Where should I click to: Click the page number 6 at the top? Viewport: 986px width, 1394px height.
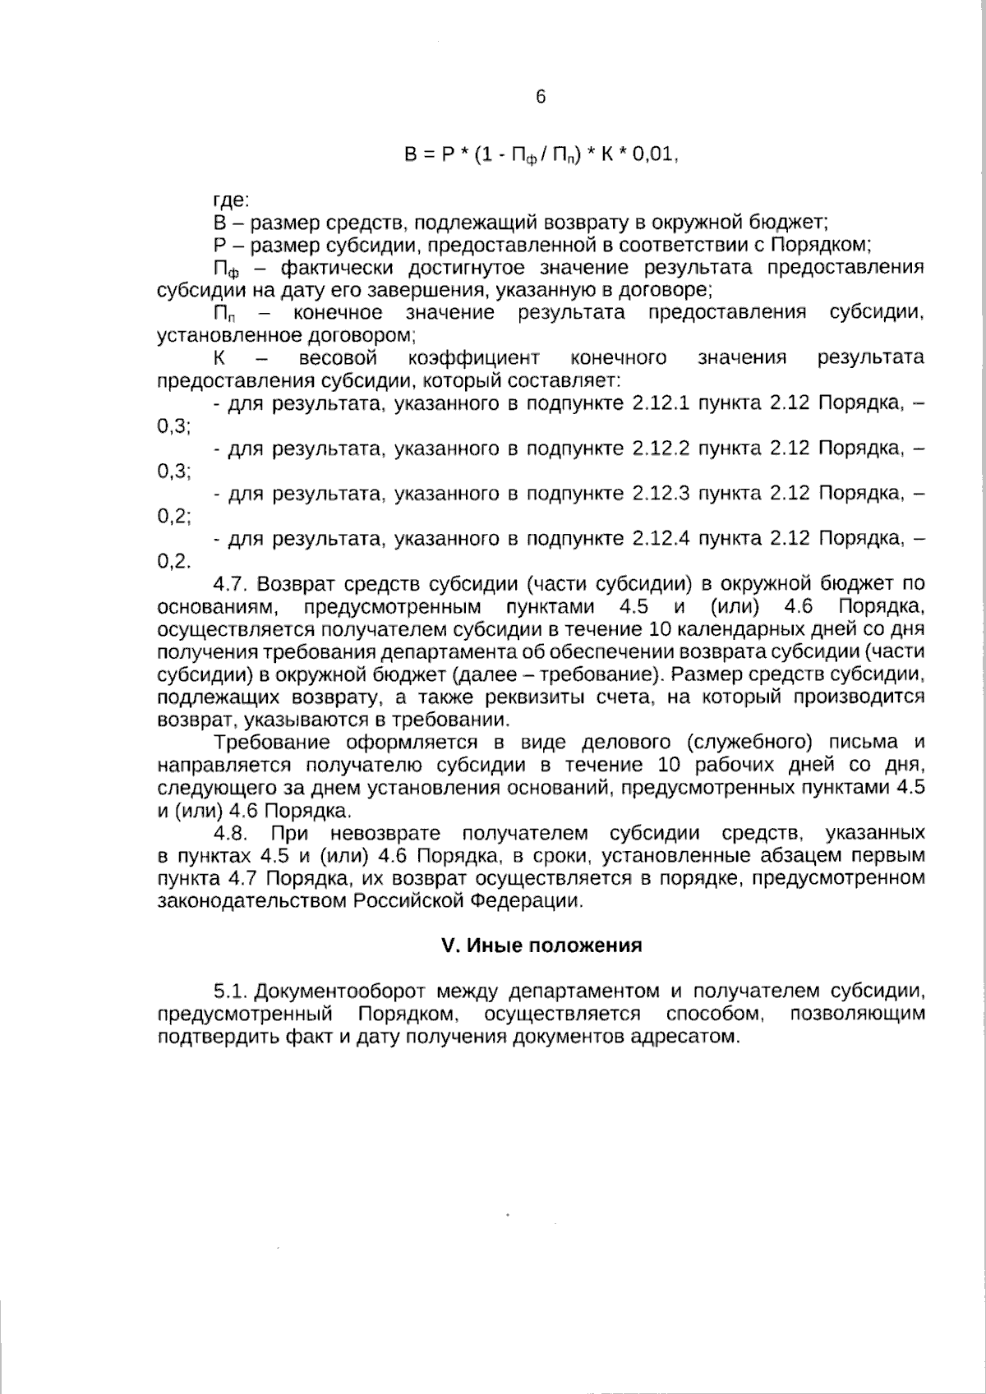pyautogui.click(x=540, y=97)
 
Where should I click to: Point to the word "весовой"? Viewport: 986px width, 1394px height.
pyautogui.click(x=338, y=357)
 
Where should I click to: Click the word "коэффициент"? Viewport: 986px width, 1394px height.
pyautogui.click(x=473, y=357)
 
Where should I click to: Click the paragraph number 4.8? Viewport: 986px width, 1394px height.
pyautogui.click(x=230, y=833)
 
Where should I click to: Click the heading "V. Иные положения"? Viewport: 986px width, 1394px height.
pyautogui.click(x=541, y=945)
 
